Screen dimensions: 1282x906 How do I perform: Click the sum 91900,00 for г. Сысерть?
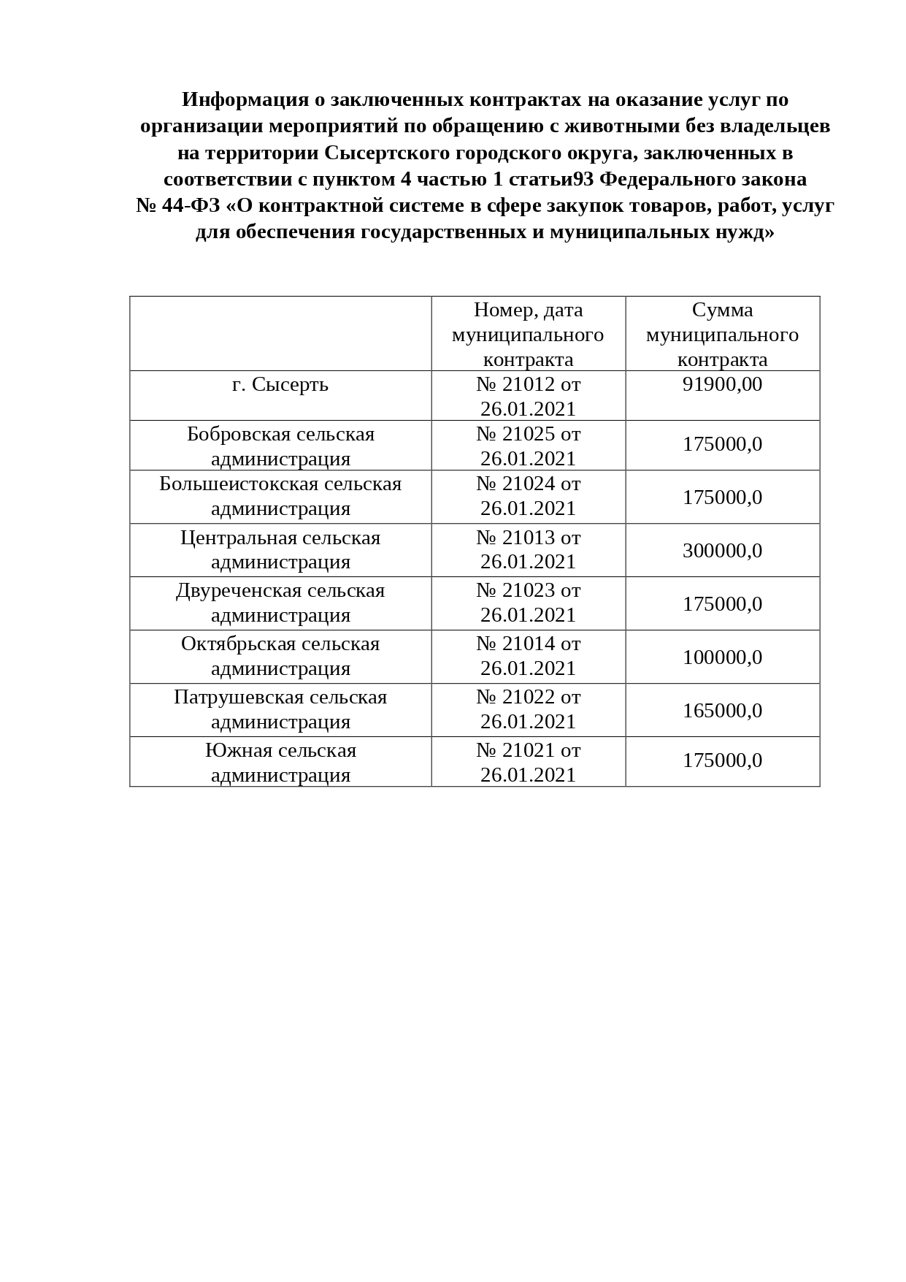(x=722, y=384)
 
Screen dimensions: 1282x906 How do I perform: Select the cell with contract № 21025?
(x=528, y=446)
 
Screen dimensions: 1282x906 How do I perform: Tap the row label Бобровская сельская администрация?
(x=280, y=446)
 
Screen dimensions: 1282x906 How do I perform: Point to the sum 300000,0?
(x=722, y=550)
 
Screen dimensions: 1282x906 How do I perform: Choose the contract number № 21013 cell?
(x=528, y=549)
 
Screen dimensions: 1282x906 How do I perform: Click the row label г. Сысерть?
(x=280, y=384)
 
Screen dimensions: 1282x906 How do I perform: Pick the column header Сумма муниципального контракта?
(x=722, y=334)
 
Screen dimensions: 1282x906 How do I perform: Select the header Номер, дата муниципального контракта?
(x=528, y=334)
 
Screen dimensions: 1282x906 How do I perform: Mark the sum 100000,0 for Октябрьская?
(x=722, y=657)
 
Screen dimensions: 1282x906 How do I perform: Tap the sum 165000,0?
(x=722, y=710)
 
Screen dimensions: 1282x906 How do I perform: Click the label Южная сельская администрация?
(x=280, y=762)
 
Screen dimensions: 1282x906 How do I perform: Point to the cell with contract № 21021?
(x=528, y=762)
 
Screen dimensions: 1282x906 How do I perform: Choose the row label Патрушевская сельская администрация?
(x=280, y=709)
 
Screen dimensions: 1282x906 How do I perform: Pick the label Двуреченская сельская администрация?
(x=280, y=602)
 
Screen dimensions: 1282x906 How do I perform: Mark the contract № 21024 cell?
(x=528, y=495)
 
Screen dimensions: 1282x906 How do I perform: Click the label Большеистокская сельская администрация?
(x=280, y=495)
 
